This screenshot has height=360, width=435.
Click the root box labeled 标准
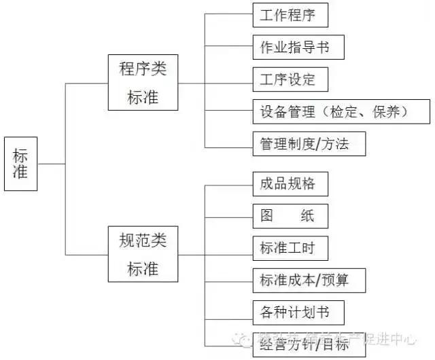click(x=20, y=164)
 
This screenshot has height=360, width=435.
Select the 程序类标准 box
click(x=143, y=83)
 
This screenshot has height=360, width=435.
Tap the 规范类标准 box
click(x=143, y=255)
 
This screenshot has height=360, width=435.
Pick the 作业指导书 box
click(x=293, y=47)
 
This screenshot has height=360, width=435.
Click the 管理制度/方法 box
click(x=302, y=144)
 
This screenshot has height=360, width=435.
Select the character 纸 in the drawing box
click(x=304, y=216)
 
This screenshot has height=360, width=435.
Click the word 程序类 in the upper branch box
click(x=143, y=69)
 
